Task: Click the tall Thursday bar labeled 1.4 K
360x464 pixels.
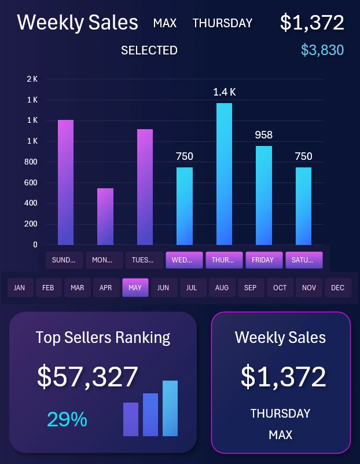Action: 224,174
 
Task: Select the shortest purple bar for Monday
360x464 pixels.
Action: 105,216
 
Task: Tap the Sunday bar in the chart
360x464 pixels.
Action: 65,182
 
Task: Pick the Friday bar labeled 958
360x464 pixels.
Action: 264,195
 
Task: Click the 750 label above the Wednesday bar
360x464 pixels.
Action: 184,156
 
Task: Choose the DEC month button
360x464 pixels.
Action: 337,287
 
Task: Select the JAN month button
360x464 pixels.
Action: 20,287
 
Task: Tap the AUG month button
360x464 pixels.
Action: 222,287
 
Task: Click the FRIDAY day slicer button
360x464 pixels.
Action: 263,260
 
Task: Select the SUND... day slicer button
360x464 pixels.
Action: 64,260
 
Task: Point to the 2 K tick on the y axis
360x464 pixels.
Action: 32,79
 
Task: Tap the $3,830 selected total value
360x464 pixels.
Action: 322,50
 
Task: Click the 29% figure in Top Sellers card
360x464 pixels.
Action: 67,419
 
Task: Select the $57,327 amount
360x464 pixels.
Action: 87,377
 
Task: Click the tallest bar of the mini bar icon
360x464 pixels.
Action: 170,408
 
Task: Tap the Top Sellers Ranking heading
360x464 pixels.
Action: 103,337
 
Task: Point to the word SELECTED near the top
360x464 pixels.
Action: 149,50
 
